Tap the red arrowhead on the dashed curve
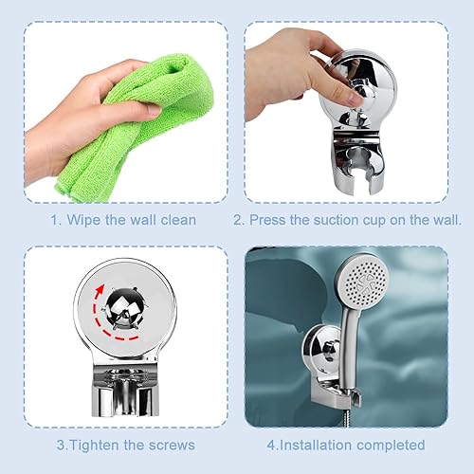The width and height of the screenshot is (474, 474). (x=100, y=289)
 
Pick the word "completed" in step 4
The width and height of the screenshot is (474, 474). (x=391, y=446)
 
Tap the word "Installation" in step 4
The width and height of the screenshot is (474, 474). (x=317, y=445)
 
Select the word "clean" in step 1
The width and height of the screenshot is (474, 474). (x=178, y=220)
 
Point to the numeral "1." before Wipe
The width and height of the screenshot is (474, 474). (x=56, y=220)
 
